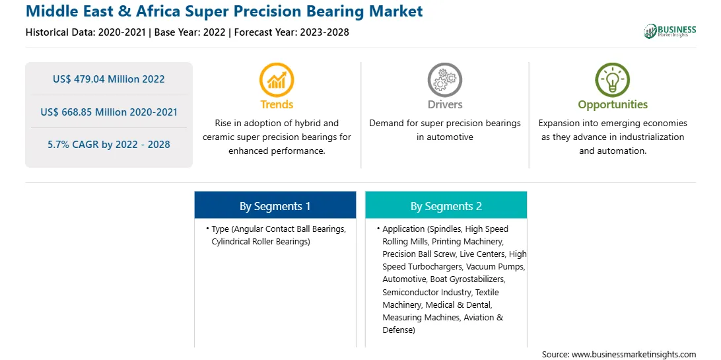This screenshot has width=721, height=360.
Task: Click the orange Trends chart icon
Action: click(277, 79)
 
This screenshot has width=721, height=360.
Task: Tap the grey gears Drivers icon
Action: click(444, 79)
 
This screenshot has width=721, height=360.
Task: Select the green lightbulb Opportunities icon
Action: click(613, 79)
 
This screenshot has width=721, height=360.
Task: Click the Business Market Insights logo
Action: click(669, 31)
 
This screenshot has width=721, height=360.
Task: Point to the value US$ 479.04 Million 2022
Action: click(108, 79)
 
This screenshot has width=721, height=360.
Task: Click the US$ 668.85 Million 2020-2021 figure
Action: click(108, 112)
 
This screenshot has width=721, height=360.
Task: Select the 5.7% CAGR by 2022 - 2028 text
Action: click(108, 145)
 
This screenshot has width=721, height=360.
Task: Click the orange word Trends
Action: click(277, 104)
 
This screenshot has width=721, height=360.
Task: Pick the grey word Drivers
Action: click(444, 104)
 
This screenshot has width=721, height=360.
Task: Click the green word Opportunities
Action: click(613, 105)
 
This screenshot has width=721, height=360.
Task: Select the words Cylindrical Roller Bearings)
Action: click(261, 241)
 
